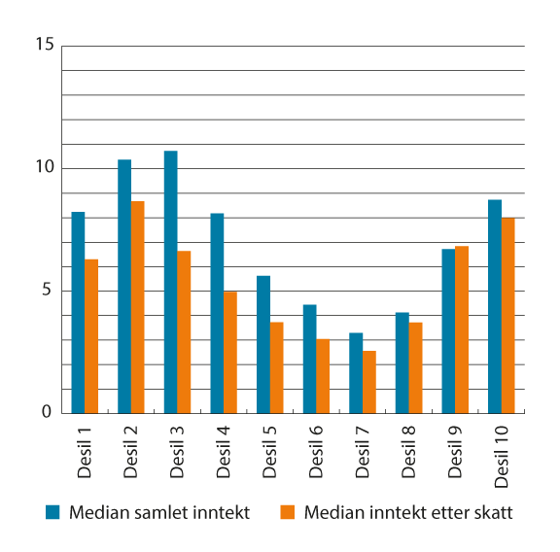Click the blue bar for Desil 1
(78, 312)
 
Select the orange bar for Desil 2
(138, 307)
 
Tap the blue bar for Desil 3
(170, 282)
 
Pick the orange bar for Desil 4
(230, 352)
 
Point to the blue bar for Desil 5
(263, 344)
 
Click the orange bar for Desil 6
(323, 376)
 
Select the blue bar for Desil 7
(356, 373)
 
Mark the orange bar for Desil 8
(415, 367)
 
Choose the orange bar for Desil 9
(462, 329)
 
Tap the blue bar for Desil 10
(495, 306)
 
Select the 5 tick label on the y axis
(45, 291)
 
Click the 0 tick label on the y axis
(45, 413)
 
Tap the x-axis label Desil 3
(177, 449)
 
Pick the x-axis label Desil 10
(503, 453)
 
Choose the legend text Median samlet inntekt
(160, 512)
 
